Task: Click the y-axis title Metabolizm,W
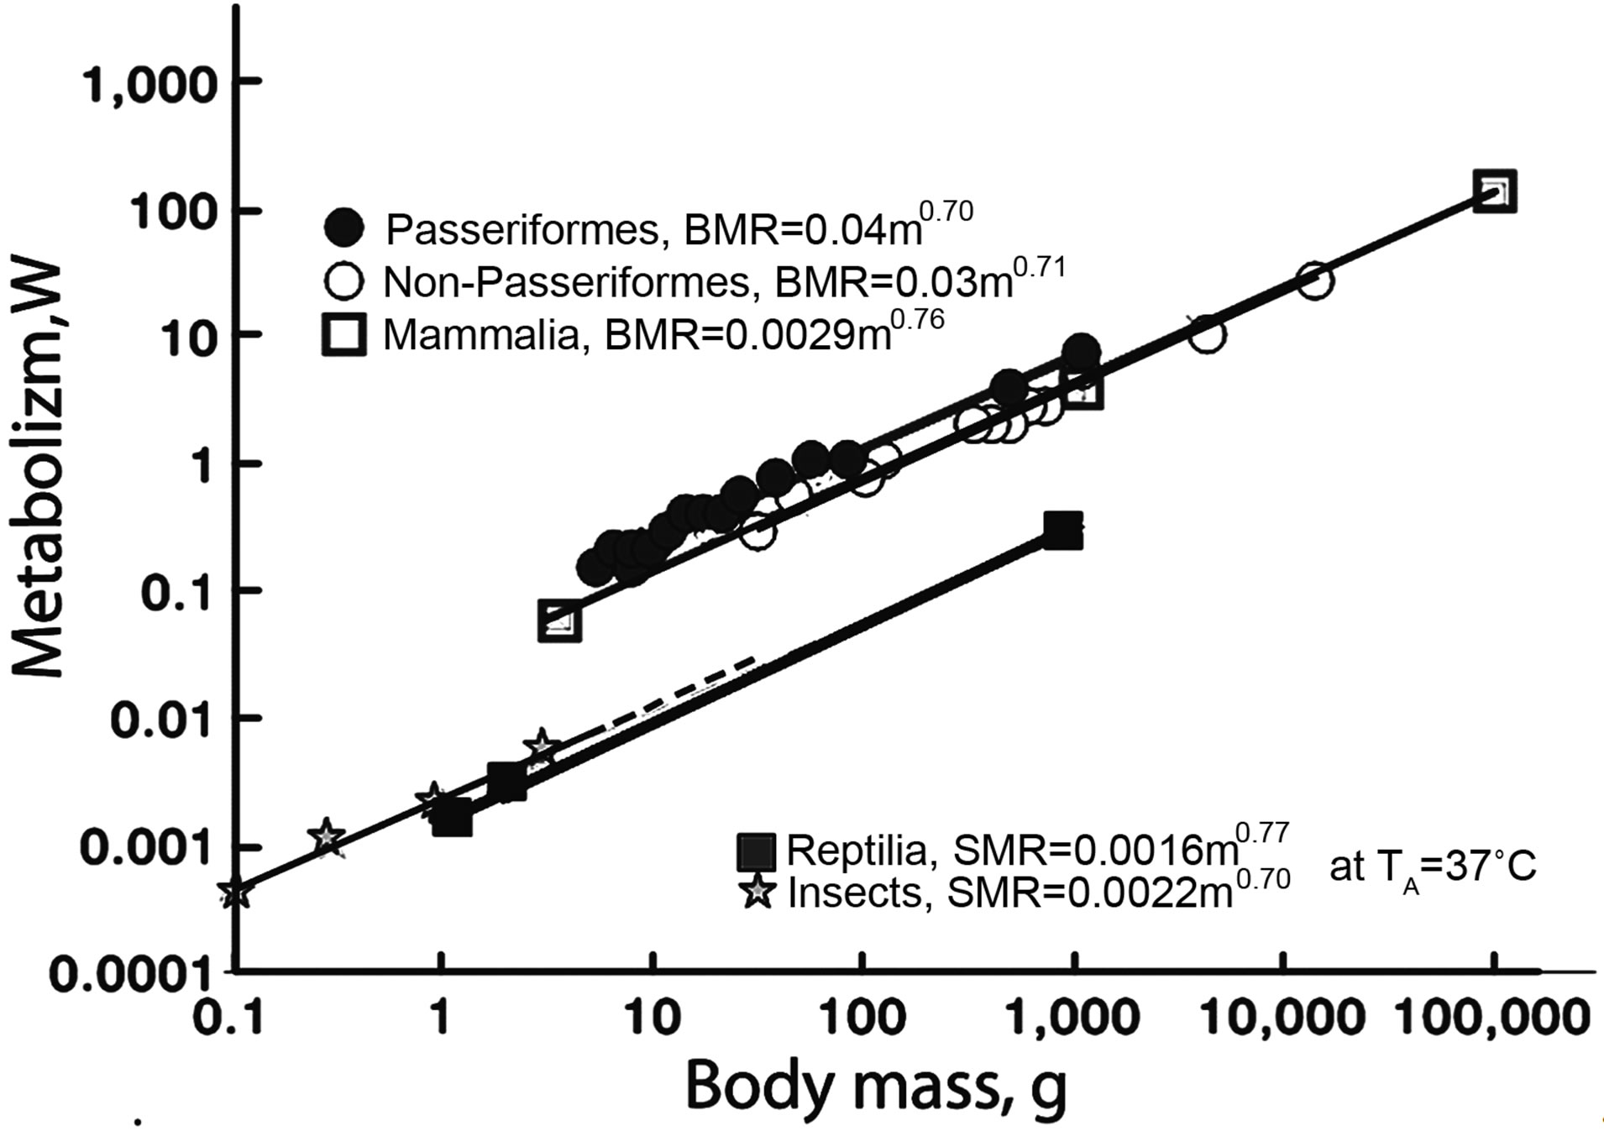point(39,470)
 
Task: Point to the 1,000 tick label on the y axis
point(150,84)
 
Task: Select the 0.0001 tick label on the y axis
point(130,974)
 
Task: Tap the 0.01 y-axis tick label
point(160,720)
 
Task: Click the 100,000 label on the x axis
point(1492,1018)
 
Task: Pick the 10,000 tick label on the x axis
point(1283,1018)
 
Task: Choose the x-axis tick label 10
point(653,1018)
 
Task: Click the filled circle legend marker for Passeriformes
point(344,227)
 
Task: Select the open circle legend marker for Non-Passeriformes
point(344,282)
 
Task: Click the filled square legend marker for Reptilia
point(756,851)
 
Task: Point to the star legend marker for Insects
point(758,892)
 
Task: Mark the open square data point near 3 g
point(559,622)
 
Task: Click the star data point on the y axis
point(236,892)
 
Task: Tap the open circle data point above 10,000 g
point(1315,281)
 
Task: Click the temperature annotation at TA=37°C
point(1433,868)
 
